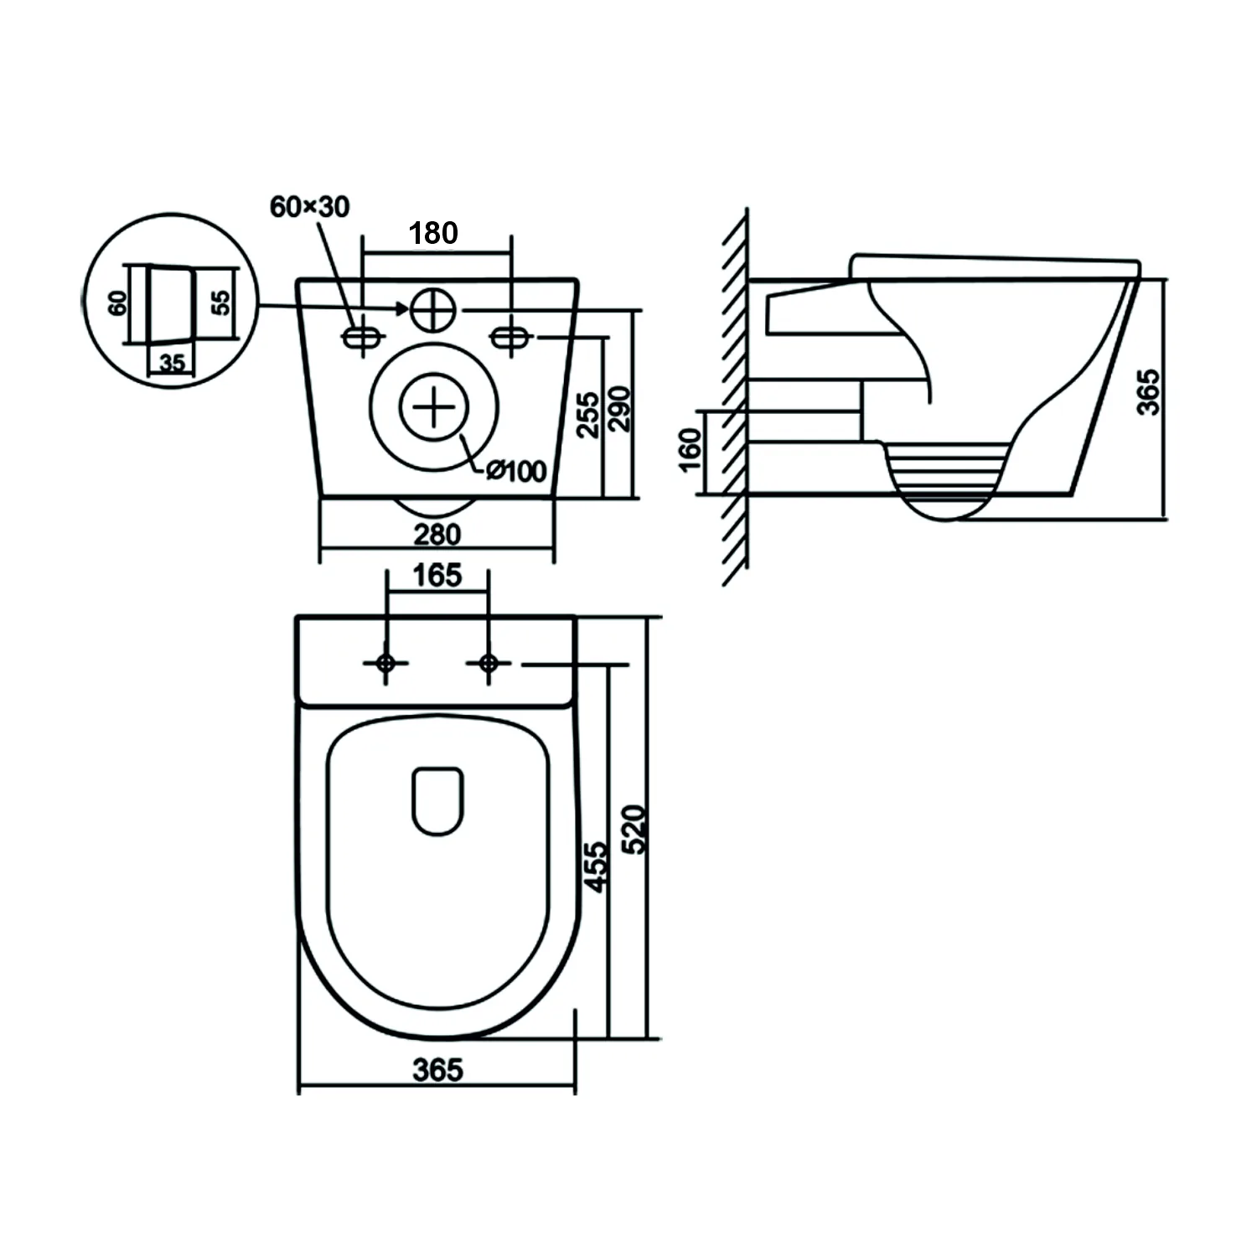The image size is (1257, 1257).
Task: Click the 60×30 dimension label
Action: [x=310, y=206]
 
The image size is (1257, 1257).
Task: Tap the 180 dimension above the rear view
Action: [x=433, y=233]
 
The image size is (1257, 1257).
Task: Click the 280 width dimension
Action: [x=437, y=534]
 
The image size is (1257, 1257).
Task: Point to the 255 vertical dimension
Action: [x=589, y=414]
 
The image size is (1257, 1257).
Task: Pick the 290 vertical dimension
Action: [x=618, y=408]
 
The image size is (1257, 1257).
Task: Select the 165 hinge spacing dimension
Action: [x=438, y=576]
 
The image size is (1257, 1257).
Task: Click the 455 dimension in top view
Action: [x=596, y=866]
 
